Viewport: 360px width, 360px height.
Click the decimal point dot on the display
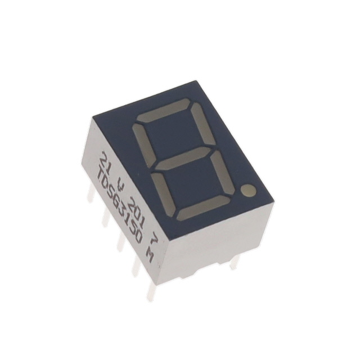(249, 191)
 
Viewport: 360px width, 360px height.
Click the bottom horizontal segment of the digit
(202, 209)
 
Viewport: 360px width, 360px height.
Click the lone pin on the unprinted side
(234, 262)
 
